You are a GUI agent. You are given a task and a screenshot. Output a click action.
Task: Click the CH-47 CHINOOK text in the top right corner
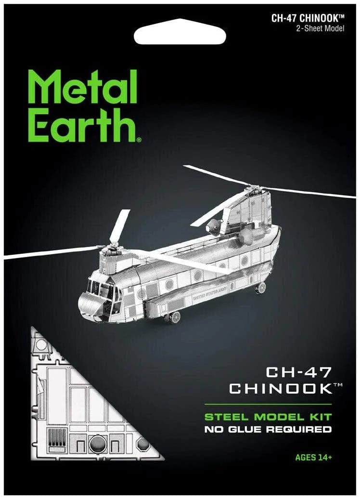[309, 19]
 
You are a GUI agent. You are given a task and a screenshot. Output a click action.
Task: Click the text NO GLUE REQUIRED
[268, 429]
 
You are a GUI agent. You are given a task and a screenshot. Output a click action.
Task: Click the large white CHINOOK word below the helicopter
[280, 388]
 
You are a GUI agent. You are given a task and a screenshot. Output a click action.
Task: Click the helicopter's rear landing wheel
[260, 288]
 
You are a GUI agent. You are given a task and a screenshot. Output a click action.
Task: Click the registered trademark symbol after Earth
[139, 140]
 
